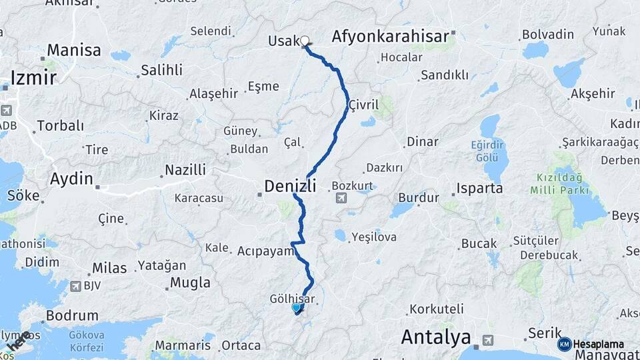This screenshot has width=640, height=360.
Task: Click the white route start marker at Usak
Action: click(305, 41)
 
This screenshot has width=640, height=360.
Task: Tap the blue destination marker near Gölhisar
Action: click(297, 307)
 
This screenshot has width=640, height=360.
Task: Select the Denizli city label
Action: click(290, 186)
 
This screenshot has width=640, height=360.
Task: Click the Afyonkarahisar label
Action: click(389, 36)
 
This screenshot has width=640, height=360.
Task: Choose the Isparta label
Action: click(479, 188)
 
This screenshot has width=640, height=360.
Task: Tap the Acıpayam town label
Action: click(266, 251)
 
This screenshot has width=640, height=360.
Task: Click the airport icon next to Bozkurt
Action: click(341, 197)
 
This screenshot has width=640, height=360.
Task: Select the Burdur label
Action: click(419, 197)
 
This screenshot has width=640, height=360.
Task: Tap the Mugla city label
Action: click(190, 283)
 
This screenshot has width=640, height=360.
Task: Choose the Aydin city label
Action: click(71, 178)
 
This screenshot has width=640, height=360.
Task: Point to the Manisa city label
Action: click(74, 50)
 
